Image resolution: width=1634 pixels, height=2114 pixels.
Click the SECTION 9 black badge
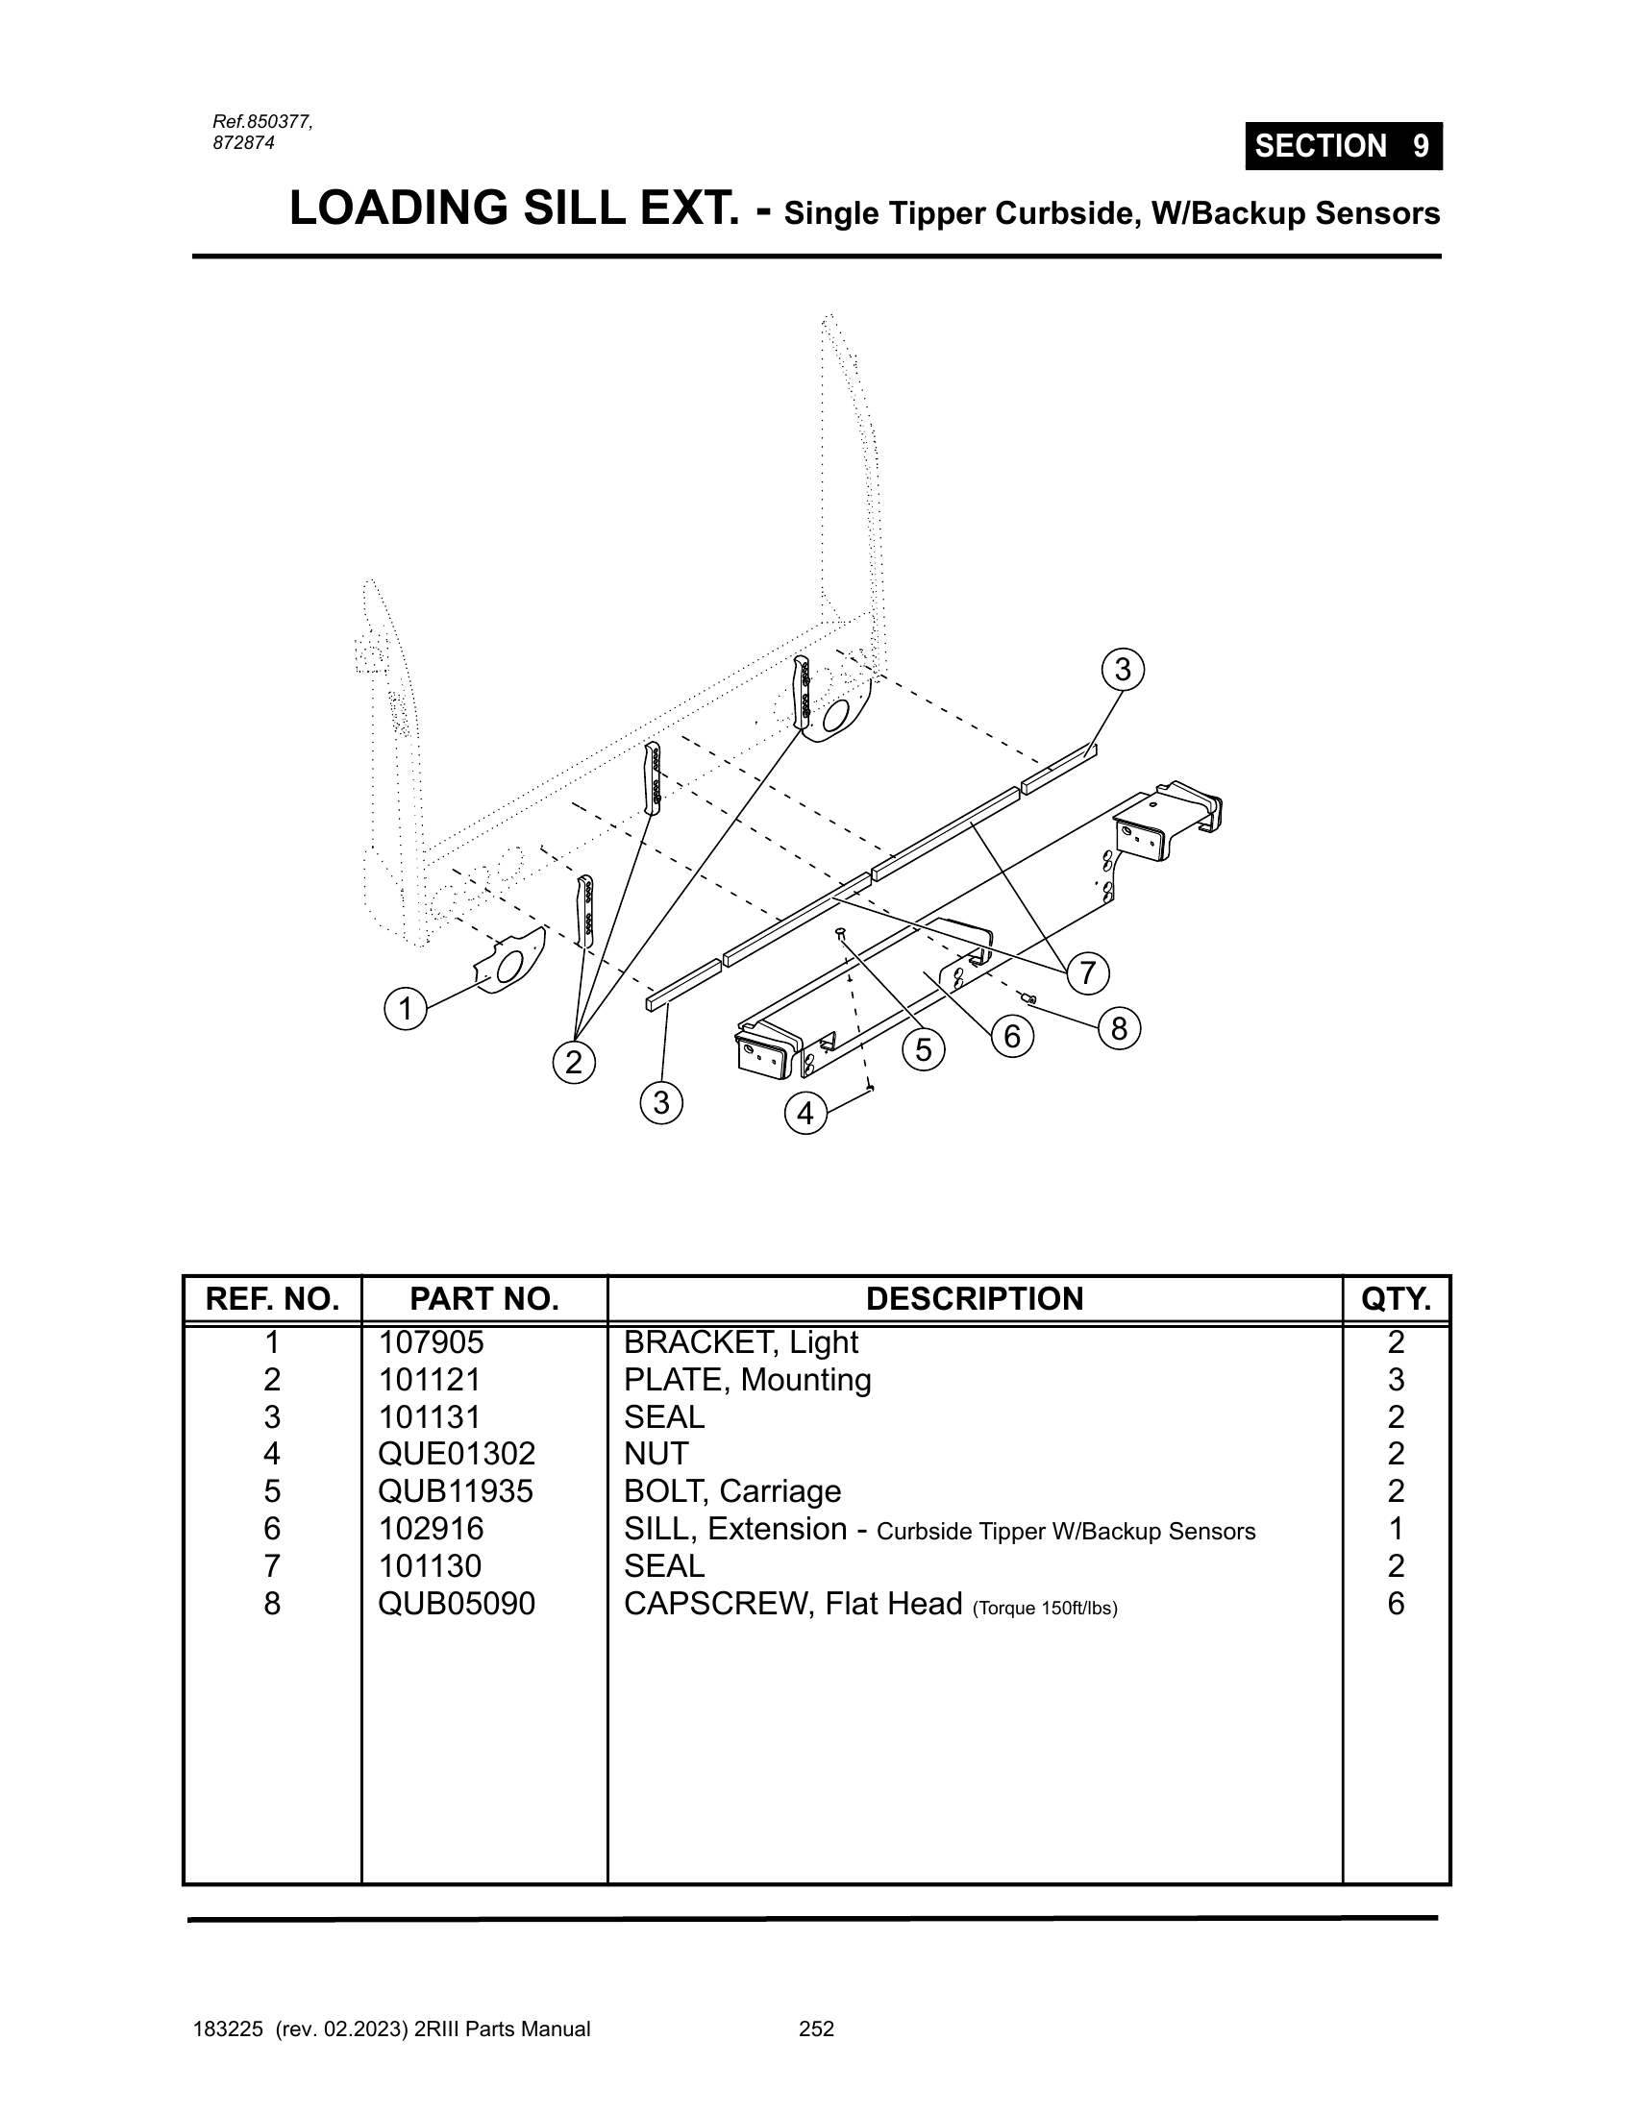coord(1344,146)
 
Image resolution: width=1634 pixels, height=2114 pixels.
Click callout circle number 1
coord(406,1009)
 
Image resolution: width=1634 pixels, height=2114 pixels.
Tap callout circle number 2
coord(574,1063)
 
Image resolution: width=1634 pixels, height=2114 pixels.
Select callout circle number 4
coord(805,1113)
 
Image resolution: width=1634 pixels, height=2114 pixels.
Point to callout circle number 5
coord(924,1049)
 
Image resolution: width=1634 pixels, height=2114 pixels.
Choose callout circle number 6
coord(1012,1036)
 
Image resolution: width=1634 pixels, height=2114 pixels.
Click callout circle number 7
coord(1088,971)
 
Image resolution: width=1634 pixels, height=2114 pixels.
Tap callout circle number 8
coord(1119,1028)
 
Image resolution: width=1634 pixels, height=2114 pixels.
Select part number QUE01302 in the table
coord(456,1454)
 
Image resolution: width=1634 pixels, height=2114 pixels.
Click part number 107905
coord(430,1342)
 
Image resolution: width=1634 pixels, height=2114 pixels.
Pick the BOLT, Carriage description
coord(731,1491)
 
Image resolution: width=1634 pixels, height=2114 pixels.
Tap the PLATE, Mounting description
coord(747,1380)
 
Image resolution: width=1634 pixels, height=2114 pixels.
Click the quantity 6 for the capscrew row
coord(1395,1604)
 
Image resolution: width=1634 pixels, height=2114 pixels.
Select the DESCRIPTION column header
coord(974,1299)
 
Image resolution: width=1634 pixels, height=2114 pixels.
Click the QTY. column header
coord(1396,1299)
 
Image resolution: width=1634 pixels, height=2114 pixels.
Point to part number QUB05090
coord(456,1604)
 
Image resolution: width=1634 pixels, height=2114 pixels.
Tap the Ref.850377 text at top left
coord(262,122)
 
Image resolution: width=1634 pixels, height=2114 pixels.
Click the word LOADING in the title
coord(400,209)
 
